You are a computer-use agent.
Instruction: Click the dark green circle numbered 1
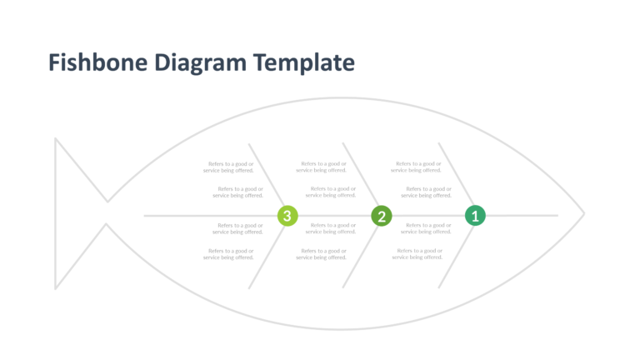point(475,216)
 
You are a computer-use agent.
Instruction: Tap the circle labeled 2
point(382,217)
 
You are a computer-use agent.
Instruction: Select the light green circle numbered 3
point(287,217)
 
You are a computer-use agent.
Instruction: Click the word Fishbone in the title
point(98,63)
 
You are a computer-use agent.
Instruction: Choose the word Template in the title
point(304,63)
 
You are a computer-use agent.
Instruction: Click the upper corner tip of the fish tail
point(56,138)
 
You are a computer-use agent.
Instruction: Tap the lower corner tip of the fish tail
point(56,288)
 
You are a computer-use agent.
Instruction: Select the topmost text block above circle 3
point(228,167)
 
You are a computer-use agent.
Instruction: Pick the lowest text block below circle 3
point(228,254)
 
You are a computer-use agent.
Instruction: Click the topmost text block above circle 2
point(322,167)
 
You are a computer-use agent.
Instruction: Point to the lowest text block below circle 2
point(322,254)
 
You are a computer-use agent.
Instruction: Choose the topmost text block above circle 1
point(417,167)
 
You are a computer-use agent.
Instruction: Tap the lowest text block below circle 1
point(417,254)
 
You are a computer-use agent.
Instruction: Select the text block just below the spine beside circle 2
point(332,228)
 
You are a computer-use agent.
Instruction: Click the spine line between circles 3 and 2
point(334,216)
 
